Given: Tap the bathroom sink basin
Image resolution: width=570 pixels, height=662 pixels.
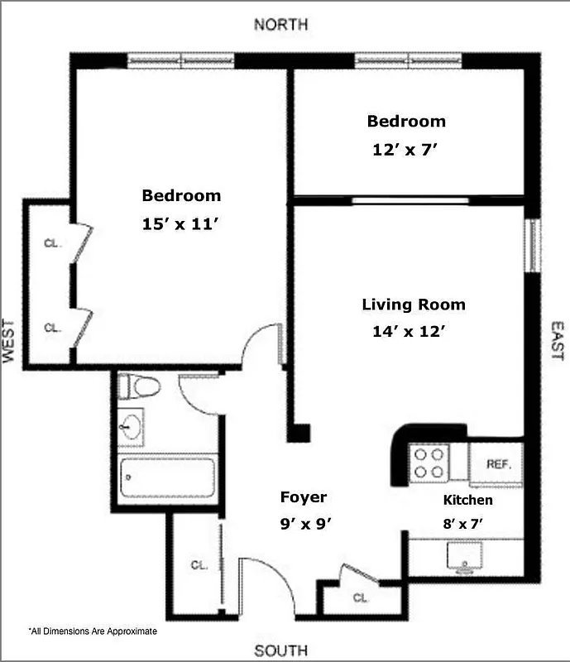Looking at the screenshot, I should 131,427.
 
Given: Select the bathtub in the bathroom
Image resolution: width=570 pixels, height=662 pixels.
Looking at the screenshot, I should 167,477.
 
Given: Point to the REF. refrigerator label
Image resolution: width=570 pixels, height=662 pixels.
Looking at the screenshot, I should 498,464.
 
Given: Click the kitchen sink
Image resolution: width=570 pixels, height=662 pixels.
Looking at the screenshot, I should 465,556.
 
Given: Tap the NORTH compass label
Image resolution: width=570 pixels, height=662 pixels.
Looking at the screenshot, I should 281,24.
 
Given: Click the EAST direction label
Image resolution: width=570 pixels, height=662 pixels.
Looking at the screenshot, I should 555,341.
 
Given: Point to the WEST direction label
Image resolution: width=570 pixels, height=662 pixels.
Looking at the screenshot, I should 10,341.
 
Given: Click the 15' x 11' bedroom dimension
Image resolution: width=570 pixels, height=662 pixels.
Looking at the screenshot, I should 181,223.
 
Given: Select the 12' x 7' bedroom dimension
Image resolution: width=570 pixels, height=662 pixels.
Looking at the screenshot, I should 405,150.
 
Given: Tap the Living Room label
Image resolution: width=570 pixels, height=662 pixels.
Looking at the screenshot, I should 413,305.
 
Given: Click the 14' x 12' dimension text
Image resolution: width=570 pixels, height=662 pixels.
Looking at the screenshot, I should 410,332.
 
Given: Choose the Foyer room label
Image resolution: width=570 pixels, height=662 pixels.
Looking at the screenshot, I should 304,497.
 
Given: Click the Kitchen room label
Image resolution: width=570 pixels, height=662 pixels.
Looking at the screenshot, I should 468,500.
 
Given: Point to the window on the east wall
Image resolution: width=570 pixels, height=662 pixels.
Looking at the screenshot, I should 534,245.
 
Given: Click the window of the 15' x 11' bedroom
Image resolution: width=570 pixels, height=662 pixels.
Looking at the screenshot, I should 181,60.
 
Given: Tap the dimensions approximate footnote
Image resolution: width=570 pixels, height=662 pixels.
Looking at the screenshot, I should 93,631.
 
